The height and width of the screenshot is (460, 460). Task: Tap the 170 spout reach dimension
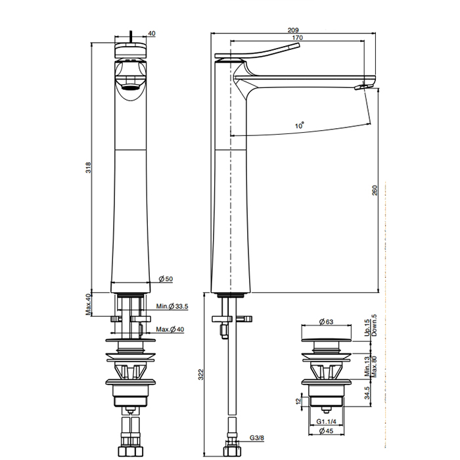(297, 39)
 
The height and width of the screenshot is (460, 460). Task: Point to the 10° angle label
(300, 124)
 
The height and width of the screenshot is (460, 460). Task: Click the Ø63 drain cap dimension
(326, 321)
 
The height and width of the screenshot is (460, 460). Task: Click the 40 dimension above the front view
(152, 34)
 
